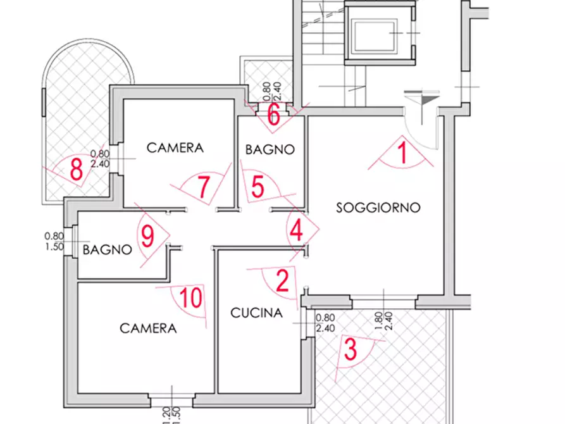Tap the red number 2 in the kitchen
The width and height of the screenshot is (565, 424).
click(x=283, y=280)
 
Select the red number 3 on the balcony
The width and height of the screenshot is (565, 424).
click(x=350, y=350)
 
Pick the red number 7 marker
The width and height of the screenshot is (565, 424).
click(x=204, y=187)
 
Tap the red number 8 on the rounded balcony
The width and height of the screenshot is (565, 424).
click(x=77, y=170)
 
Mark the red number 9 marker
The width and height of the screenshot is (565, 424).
click(x=147, y=237)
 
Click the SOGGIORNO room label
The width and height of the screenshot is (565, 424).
click(x=378, y=208)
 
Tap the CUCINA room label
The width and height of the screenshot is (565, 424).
click(x=256, y=313)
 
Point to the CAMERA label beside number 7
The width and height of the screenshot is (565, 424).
click(x=175, y=148)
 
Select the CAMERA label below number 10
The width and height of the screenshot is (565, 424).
click(x=148, y=328)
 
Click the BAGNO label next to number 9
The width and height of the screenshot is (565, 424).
click(x=107, y=250)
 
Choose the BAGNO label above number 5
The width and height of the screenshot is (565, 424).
click(x=270, y=150)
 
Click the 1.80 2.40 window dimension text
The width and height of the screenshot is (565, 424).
click(x=385, y=323)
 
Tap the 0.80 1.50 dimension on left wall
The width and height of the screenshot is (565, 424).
click(x=54, y=241)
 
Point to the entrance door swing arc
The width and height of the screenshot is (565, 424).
click(x=421, y=133)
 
